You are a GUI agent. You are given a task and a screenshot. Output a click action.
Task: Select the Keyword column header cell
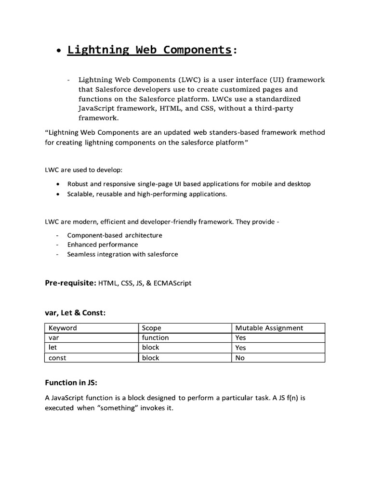(63, 328)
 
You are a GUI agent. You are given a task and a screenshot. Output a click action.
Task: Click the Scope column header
(151, 328)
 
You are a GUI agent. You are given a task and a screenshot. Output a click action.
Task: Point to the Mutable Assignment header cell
(269, 328)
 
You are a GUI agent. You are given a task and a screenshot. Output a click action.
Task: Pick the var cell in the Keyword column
(53, 337)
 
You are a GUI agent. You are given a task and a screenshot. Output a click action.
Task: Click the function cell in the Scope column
(155, 337)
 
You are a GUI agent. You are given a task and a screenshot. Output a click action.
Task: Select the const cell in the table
(57, 358)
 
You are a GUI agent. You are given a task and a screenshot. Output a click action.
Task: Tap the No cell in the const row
(240, 358)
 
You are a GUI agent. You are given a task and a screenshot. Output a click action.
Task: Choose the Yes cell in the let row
(240, 348)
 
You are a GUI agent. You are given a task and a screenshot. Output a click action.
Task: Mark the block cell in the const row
(150, 358)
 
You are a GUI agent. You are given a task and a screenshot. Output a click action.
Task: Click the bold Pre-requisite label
(70, 283)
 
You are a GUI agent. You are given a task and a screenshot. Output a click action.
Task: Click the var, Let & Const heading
(75, 312)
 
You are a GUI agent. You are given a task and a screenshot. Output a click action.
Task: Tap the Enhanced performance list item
(102, 245)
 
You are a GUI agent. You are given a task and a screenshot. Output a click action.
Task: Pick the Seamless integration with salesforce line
(122, 254)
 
